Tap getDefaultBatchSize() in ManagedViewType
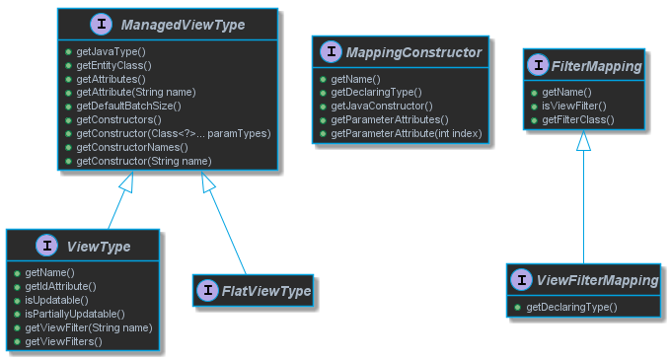pyautogui.click(x=128, y=105)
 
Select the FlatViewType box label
pyautogui.click(x=266, y=290)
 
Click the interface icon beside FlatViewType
pyautogui.click(x=207, y=290)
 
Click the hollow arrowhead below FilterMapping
pyautogui.click(x=583, y=142)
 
